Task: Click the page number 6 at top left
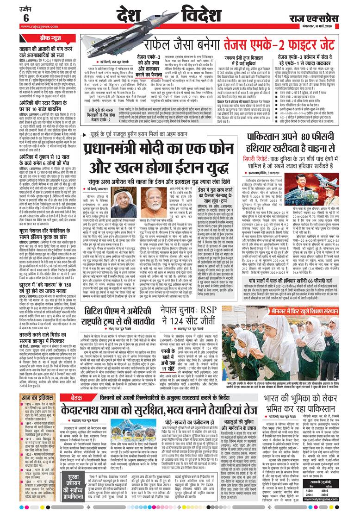(x=25, y=17)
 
